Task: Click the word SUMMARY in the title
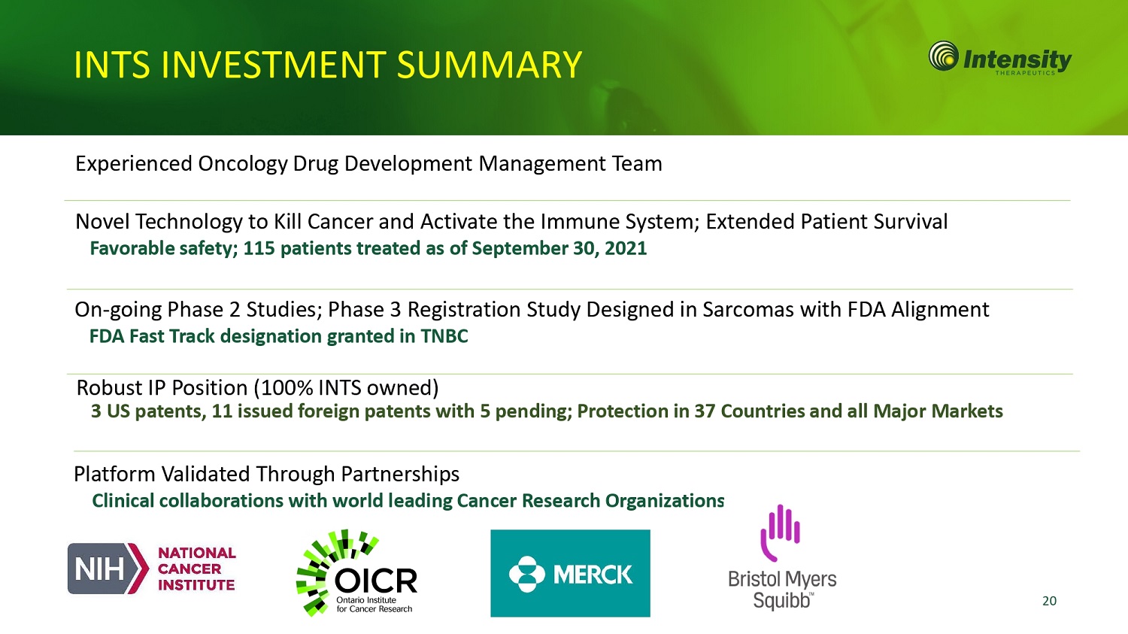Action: (x=489, y=65)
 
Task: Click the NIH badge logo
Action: (x=108, y=569)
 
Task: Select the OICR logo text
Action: (x=376, y=582)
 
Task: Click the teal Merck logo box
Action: (x=570, y=573)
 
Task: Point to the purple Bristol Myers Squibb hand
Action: (x=780, y=532)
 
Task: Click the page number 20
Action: (x=1049, y=601)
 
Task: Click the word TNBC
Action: (x=444, y=336)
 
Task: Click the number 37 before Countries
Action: (x=705, y=411)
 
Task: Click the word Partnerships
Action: (x=400, y=475)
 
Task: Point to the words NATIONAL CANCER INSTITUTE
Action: (x=197, y=569)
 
